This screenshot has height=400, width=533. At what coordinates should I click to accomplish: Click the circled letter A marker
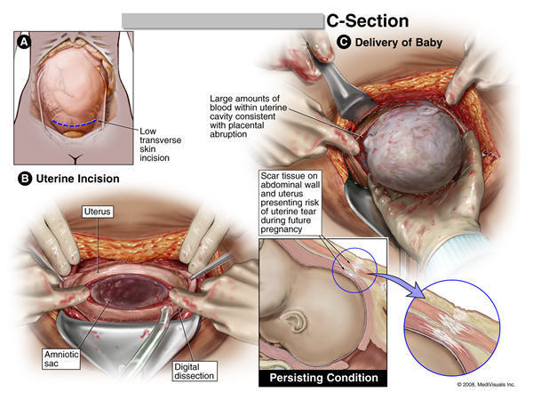24,42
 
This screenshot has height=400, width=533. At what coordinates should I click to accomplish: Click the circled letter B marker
25,179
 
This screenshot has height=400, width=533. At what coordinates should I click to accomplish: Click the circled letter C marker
344,42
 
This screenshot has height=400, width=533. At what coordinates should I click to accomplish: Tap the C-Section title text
368,21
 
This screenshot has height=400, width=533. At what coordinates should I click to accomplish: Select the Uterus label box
97,212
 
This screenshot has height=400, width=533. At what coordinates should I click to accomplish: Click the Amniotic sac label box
61,359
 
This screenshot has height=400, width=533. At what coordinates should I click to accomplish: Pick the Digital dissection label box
194,372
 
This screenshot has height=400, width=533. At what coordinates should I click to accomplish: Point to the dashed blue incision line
75,124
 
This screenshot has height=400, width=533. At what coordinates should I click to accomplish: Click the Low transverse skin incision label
160,145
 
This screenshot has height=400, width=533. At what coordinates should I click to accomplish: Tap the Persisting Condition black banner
323,378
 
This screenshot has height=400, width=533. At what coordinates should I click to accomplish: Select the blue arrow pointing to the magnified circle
399,284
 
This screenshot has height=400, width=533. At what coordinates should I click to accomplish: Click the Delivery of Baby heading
398,43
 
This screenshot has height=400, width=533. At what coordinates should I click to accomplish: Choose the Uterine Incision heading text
77,179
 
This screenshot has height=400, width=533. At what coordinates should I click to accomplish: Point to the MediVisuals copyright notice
486,384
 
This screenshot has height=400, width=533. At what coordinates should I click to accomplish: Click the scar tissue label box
290,203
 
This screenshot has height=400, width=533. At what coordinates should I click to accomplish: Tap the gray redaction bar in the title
223,21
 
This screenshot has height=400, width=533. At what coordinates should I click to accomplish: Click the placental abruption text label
248,116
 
